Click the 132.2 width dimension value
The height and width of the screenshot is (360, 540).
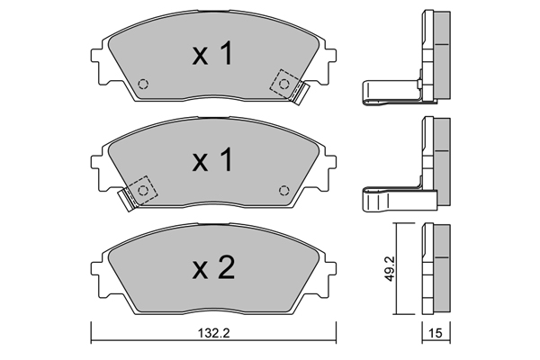(x=213, y=333)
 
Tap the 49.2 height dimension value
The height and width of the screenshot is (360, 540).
(x=390, y=269)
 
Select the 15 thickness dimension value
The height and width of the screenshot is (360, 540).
(x=436, y=333)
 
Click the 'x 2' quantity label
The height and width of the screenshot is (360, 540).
(x=213, y=267)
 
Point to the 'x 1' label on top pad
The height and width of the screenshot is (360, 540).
(x=212, y=53)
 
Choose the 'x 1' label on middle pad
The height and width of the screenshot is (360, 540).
(x=212, y=160)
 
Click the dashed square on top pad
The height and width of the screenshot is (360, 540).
(x=283, y=84)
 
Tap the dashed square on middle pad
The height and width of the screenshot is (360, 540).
(x=143, y=190)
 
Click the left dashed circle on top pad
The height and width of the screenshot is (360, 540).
(x=143, y=84)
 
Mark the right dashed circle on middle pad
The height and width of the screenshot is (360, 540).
(x=283, y=190)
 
